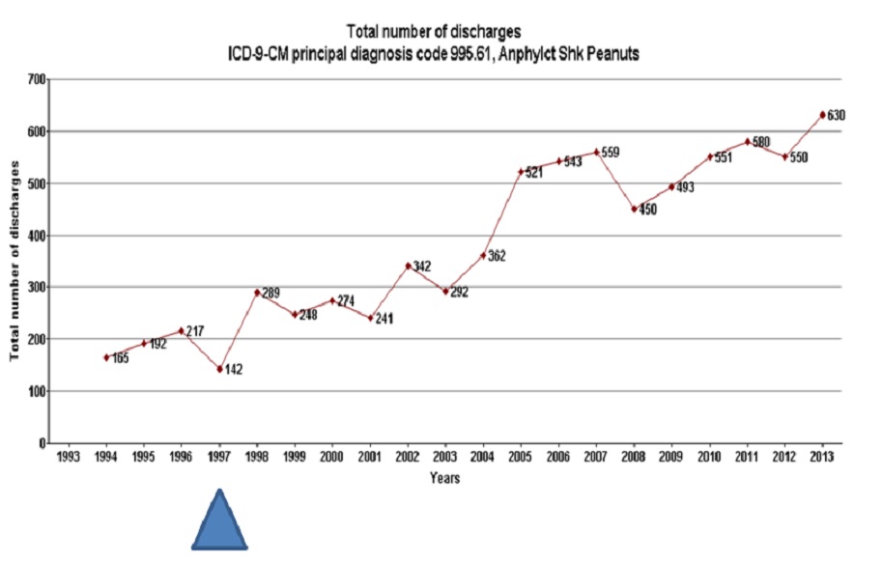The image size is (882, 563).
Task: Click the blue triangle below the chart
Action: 220,523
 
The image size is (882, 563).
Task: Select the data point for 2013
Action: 822,115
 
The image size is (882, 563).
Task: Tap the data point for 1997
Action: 219,369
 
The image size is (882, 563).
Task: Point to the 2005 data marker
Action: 521,172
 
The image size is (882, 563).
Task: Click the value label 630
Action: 837,116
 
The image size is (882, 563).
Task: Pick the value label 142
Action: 235,370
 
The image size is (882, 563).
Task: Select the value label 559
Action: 611,153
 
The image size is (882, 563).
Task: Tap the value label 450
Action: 647,209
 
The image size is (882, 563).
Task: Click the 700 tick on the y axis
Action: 37,78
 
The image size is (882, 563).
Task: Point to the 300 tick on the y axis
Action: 37,287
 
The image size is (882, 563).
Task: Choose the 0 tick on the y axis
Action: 43,443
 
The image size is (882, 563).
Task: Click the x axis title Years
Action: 444,477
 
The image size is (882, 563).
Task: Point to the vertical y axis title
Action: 15,261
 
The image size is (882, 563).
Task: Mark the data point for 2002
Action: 408,266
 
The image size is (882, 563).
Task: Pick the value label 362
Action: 498,256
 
